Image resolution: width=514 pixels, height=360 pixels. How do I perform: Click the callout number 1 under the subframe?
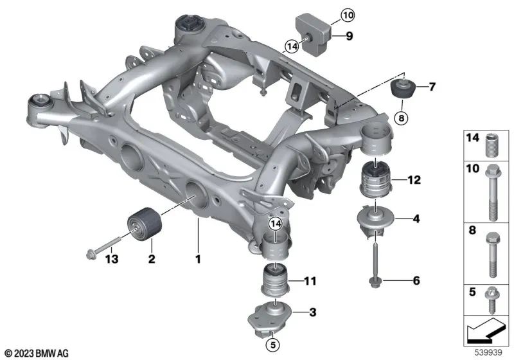(199, 260)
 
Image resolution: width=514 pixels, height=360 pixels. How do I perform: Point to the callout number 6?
(416, 281)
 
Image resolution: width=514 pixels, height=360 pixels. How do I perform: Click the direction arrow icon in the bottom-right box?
(486, 332)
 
